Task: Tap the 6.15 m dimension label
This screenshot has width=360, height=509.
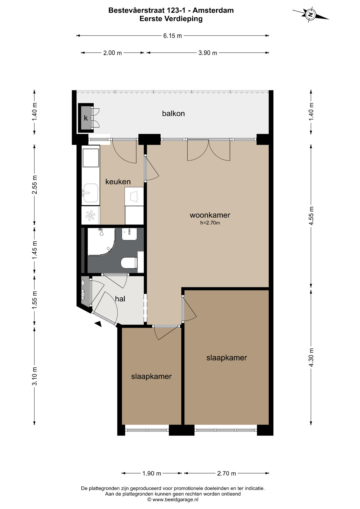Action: click(173, 36)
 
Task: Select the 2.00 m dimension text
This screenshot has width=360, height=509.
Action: click(113, 53)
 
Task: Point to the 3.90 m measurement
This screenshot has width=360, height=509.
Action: click(208, 53)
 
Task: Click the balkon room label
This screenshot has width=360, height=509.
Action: click(173, 113)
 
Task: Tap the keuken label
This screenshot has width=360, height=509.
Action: click(118, 182)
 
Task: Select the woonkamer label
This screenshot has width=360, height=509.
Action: click(210, 215)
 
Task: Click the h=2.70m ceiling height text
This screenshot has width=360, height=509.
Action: click(210, 223)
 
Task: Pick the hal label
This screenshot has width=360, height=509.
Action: click(120, 299)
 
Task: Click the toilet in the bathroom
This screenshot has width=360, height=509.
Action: click(130, 263)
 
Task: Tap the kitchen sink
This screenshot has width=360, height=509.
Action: click(90, 193)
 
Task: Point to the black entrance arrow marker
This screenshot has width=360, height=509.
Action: click(98, 324)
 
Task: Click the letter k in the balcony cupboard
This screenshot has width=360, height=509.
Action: click(86, 118)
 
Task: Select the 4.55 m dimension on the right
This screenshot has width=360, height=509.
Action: click(311, 216)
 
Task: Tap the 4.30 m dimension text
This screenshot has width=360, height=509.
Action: click(311, 357)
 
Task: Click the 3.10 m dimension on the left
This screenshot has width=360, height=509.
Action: click(35, 376)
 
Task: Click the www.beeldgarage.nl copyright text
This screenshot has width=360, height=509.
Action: click(173, 499)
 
